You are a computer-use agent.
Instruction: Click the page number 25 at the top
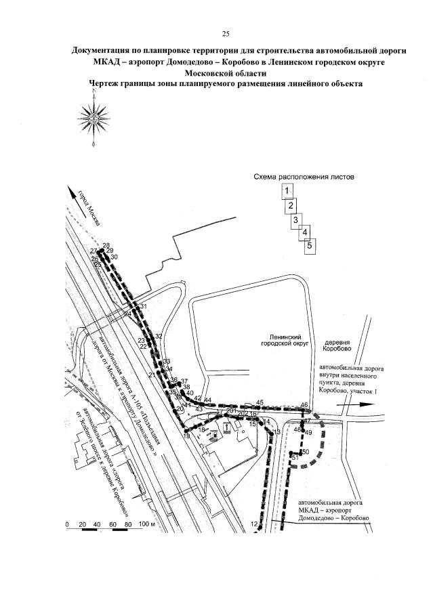click(226, 34)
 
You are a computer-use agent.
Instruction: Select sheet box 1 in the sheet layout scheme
click(287, 190)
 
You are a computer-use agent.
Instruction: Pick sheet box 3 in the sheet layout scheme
click(295, 220)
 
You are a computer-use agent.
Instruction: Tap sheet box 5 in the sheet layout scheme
click(309, 246)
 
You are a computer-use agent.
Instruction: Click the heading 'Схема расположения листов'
click(305, 177)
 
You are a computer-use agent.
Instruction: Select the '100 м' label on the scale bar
click(147, 525)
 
